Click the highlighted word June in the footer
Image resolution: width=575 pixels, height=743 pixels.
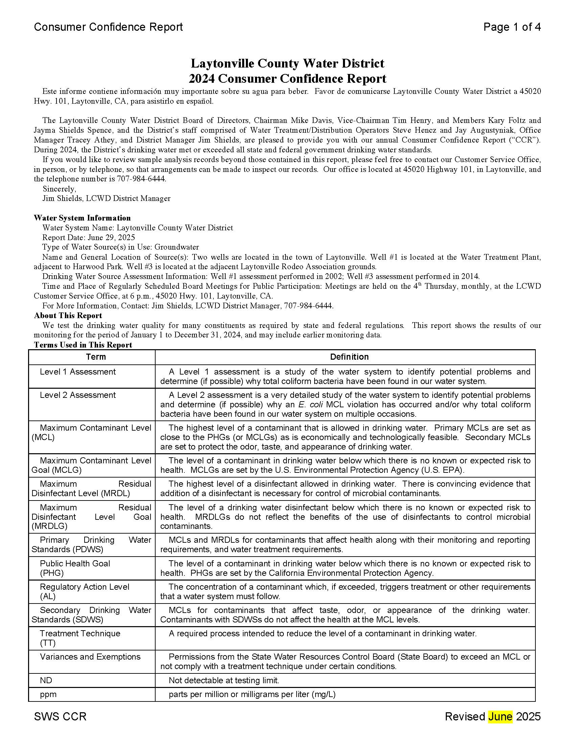(x=500, y=716)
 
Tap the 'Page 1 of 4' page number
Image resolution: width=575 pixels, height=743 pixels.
(x=512, y=27)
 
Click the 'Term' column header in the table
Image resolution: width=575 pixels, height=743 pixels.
(x=96, y=357)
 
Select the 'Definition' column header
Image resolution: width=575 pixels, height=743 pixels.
(x=349, y=357)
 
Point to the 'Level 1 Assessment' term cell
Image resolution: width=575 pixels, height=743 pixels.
(x=78, y=371)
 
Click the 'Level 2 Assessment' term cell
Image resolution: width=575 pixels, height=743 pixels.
(x=78, y=395)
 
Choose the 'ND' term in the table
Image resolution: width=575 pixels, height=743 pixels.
(x=46, y=680)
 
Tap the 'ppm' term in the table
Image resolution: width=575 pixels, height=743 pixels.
(x=48, y=694)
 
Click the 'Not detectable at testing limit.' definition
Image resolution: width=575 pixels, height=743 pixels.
(x=224, y=680)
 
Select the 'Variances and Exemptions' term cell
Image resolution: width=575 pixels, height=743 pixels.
(x=90, y=657)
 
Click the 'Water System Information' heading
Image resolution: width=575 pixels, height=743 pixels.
(x=82, y=218)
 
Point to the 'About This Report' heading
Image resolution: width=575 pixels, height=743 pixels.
(x=68, y=315)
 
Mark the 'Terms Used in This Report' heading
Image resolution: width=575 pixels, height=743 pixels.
(x=83, y=344)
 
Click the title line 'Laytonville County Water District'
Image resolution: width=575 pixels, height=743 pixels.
(x=287, y=63)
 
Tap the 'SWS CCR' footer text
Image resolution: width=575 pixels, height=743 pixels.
(x=60, y=716)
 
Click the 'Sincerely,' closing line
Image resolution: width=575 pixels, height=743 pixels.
(x=59, y=188)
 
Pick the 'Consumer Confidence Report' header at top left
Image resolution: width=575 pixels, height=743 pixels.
(x=108, y=27)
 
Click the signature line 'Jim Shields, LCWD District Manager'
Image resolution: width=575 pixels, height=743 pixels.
(x=106, y=198)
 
